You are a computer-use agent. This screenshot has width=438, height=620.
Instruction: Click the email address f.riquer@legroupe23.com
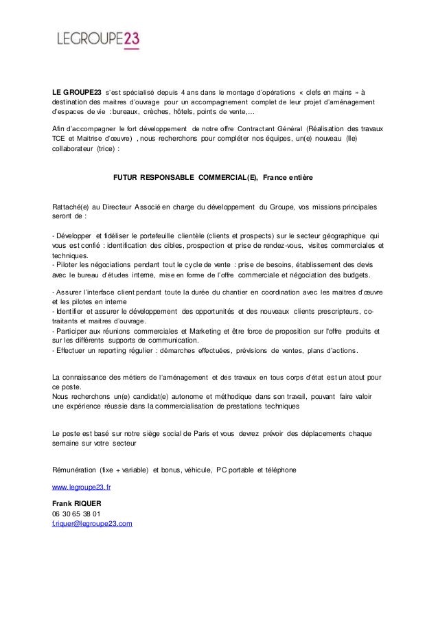92,523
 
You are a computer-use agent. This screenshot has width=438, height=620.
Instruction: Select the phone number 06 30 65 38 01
76,514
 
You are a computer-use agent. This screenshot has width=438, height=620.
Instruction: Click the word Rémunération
74,470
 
